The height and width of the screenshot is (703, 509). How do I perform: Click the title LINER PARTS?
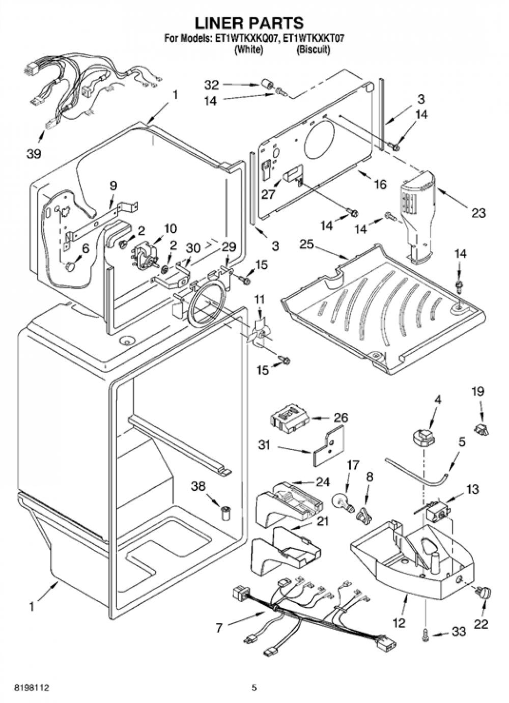point(249,22)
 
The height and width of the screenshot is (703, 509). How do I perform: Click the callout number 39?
point(34,154)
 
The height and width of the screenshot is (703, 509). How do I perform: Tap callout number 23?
point(478,213)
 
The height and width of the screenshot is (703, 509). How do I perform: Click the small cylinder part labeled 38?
point(225,513)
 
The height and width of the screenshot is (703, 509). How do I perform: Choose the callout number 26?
point(341,418)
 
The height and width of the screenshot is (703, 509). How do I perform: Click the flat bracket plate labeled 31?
point(328,446)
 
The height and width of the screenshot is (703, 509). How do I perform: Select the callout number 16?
point(380,184)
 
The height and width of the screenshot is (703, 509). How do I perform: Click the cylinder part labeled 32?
point(267,84)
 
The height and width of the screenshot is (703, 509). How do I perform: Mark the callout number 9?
point(113,186)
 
